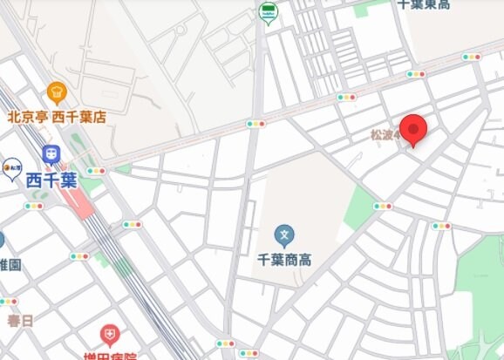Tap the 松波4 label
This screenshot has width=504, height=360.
(x=385, y=135)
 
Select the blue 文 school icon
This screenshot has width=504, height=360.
(x=283, y=235)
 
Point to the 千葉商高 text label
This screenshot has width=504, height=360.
(x=284, y=260)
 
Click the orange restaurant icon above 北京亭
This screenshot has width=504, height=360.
(x=57, y=92)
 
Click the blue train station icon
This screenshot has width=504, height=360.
(x=51, y=155)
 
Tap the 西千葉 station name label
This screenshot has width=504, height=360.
(x=51, y=180)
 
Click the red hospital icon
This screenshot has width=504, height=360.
(x=109, y=335)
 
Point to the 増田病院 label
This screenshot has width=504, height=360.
(x=109, y=355)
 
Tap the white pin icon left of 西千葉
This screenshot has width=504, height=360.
(x=11, y=167)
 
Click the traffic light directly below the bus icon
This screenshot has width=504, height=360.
(x=255, y=124)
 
